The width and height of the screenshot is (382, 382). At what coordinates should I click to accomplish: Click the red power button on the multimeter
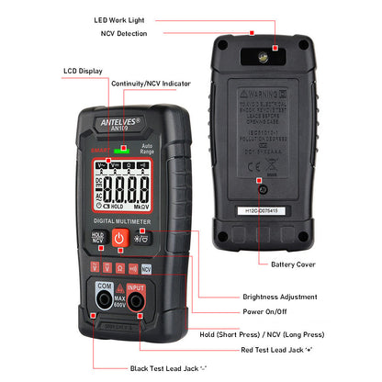(x=118, y=239)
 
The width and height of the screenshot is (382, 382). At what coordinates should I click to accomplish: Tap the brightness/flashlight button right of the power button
(x=142, y=239)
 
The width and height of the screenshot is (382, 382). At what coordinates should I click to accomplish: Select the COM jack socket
(x=106, y=300)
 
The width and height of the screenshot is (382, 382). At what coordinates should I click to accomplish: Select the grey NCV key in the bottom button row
(x=147, y=269)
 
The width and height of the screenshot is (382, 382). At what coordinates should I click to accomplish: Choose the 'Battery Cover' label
(x=295, y=264)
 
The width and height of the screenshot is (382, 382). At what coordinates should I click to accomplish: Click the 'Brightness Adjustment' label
(x=280, y=297)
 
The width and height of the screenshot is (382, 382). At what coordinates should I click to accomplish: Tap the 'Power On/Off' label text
(x=267, y=312)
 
